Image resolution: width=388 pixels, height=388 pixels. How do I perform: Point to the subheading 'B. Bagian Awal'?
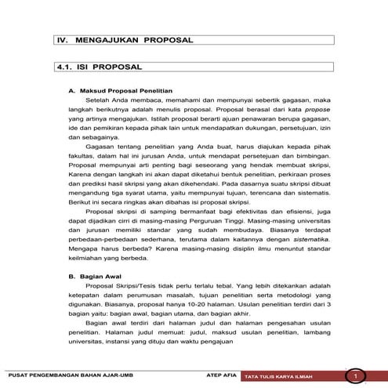(x=92, y=276)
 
